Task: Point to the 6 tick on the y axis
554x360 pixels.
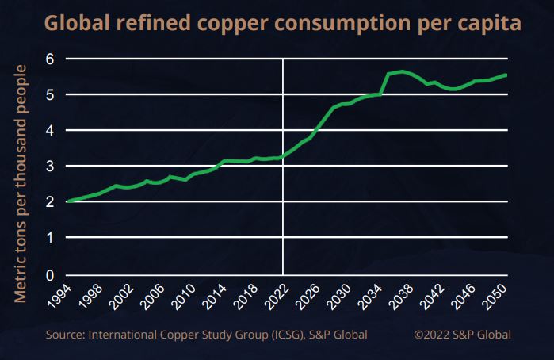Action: click(50, 59)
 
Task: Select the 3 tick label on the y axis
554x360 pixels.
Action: click(50, 167)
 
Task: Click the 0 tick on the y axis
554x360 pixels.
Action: click(50, 275)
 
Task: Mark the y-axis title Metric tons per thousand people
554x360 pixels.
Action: click(21, 183)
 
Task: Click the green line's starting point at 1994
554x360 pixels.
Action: click(68, 201)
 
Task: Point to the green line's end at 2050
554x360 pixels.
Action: click(506, 75)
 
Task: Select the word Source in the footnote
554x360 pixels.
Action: click(64, 334)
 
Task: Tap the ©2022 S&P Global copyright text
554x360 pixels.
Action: click(462, 334)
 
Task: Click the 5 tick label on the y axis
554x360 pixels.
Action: click(50, 94)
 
